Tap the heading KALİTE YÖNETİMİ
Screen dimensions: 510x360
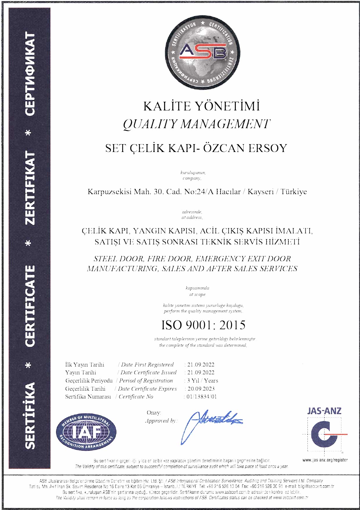tap(201, 106)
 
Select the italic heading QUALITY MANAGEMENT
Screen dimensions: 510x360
tap(197, 124)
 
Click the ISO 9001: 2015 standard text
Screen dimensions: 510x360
tap(203, 325)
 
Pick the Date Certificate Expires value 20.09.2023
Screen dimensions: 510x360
tap(201, 389)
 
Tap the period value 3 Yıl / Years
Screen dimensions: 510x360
tap(202, 380)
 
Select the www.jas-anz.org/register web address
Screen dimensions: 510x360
tap(325, 460)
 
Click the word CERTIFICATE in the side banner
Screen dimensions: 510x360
tap(30, 306)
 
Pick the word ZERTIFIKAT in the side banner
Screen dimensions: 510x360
tap(30, 188)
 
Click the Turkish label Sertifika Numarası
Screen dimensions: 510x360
tap(88, 397)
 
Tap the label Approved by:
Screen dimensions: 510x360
tap(161, 421)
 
